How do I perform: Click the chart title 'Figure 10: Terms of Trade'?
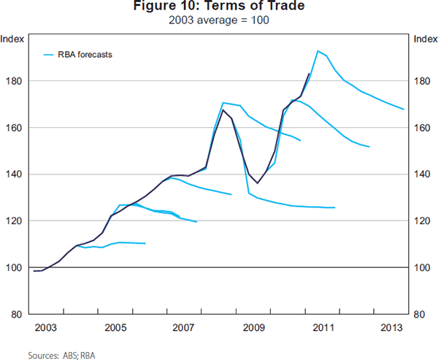(220, 7)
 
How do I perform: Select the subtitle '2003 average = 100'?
(220, 20)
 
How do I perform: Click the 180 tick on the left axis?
(15, 81)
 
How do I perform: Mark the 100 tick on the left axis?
(15, 268)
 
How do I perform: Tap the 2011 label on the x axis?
(322, 326)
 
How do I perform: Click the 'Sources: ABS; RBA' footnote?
(61, 355)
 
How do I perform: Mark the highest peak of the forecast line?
(318, 50)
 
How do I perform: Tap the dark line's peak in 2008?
(222, 110)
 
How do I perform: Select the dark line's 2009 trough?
(258, 183)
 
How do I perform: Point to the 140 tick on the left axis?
(15, 175)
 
